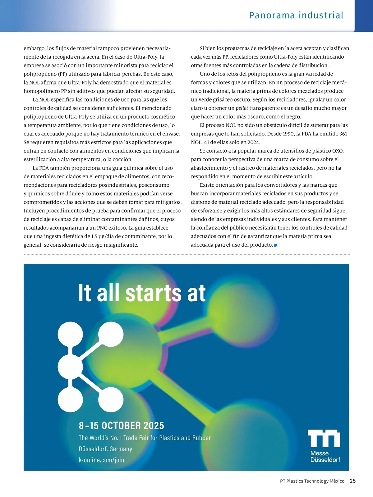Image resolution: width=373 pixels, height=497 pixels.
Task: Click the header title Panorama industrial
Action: tap(296, 15)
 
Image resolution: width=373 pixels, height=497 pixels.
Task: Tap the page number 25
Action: tap(353, 481)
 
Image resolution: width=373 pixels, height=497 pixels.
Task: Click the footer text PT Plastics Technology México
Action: tap(312, 481)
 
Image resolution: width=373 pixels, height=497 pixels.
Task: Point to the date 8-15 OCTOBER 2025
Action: tap(121, 425)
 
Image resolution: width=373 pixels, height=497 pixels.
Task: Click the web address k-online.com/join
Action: tap(101, 460)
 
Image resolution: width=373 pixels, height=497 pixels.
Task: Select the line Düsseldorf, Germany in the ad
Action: tap(105, 449)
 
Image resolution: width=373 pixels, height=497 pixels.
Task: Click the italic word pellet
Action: tap(242, 108)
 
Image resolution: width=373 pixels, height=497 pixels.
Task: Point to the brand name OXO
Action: tap(338, 151)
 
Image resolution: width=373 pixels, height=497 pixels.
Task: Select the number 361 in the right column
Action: tap(343, 134)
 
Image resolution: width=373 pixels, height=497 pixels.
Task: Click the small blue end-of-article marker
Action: tap(275, 245)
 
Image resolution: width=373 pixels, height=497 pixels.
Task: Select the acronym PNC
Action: tap(102, 228)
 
